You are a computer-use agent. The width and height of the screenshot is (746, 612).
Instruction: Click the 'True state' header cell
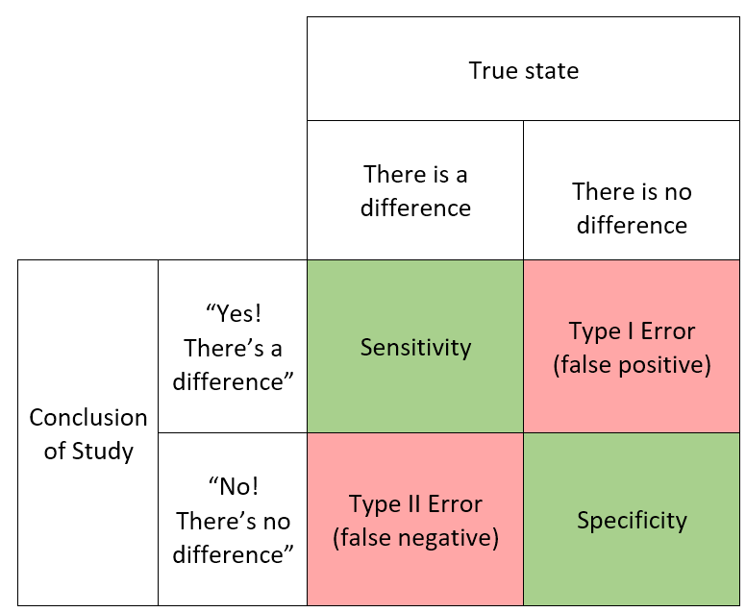pos(523,69)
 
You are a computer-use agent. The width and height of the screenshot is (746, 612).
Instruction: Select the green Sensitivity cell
pos(415,346)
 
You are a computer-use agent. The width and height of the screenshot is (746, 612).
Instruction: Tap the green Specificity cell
pos(632,519)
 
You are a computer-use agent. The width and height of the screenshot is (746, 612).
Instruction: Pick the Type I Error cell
pos(632,346)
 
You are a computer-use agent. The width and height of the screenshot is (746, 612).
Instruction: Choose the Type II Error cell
pos(415,519)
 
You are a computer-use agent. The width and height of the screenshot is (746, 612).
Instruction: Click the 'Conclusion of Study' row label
pos(88,432)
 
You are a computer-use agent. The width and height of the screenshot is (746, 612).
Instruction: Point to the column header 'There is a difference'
pos(415,190)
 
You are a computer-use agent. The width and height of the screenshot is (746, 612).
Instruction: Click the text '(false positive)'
pos(632,365)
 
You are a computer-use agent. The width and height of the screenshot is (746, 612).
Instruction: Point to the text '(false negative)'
pos(416,538)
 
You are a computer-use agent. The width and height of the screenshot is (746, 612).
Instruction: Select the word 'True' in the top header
pos(492,70)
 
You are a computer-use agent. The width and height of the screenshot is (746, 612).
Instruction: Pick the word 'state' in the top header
pos(552,71)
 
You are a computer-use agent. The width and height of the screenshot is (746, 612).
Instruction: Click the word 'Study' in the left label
pos(102,452)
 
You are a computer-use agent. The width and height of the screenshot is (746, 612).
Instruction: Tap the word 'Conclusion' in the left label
pos(88,418)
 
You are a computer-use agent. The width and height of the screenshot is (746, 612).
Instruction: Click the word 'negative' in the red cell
pos(444,538)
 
